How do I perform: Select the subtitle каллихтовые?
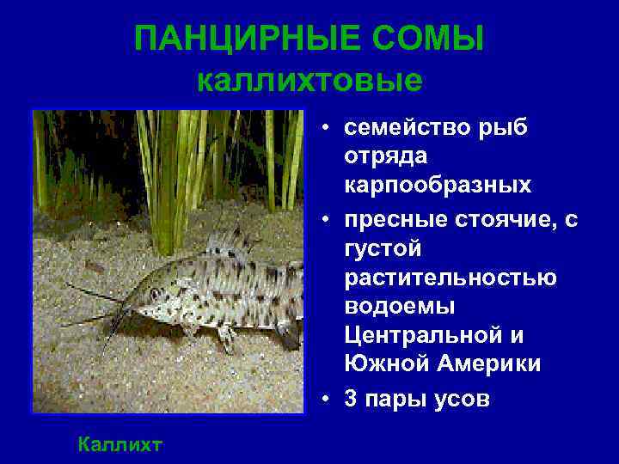coord(309,81)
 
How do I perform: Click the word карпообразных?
coord(438,186)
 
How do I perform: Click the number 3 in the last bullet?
coord(352,399)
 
